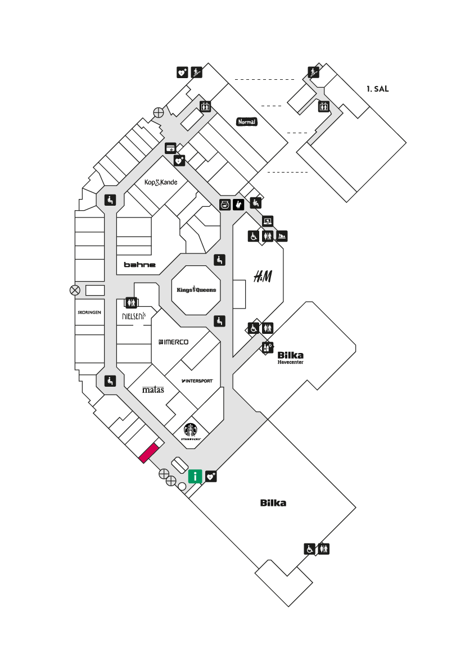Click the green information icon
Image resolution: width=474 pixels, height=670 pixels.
[x=195, y=476]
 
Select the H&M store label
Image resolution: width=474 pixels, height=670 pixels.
[x=263, y=277]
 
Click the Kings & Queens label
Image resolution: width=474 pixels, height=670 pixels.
[x=196, y=289]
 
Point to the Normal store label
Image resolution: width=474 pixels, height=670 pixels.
[x=247, y=122]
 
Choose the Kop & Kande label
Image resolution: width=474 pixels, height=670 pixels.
[x=161, y=182]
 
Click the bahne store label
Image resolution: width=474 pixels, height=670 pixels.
[x=140, y=265]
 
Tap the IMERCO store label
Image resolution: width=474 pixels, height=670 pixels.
[x=174, y=342]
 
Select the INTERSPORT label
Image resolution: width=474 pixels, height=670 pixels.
[x=197, y=381]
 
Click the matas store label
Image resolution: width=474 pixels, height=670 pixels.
[x=153, y=390]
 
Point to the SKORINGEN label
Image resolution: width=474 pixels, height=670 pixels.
[x=89, y=313]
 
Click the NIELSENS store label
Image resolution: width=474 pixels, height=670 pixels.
[x=134, y=316]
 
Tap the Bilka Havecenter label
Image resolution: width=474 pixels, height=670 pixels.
[x=291, y=357]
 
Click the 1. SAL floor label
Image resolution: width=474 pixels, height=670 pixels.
[x=377, y=89]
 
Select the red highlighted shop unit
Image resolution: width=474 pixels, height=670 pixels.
[x=149, y=454]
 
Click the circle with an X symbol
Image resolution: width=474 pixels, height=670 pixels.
[x=75, y=291]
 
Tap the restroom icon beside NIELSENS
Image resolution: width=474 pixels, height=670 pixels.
[x=131, y=302]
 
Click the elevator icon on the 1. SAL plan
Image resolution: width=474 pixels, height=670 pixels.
[x=323, y=106]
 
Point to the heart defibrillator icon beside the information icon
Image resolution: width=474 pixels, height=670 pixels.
[x=211, y=477]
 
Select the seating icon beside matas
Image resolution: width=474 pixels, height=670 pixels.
[x=110, y=381]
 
